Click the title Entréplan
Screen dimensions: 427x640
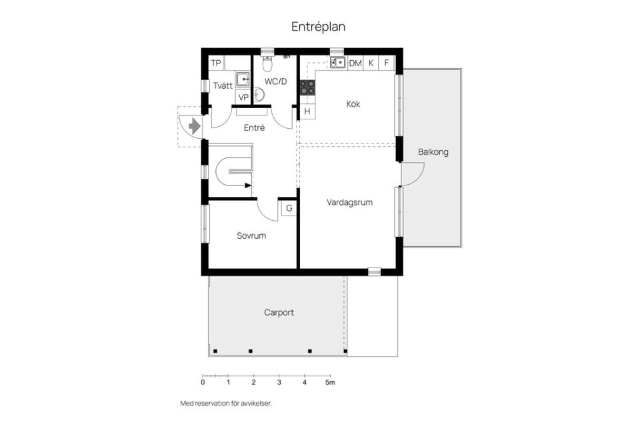318,27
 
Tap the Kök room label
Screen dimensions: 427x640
353,103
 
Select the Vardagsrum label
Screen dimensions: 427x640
349,202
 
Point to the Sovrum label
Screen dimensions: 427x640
251,236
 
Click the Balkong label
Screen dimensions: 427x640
433,151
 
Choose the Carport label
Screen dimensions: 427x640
279,312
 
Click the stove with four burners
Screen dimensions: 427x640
307,87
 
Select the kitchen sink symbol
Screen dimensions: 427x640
338,63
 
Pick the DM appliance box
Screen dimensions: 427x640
355,63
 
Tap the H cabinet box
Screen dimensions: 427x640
307,111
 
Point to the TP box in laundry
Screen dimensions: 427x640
216,63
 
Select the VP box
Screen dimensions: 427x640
243,97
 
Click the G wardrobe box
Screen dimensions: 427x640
289,208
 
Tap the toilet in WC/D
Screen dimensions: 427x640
267,64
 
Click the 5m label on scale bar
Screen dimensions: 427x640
329,383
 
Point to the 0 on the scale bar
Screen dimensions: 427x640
203,383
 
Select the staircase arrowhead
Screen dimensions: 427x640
247,184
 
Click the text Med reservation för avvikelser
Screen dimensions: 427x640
226,404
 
